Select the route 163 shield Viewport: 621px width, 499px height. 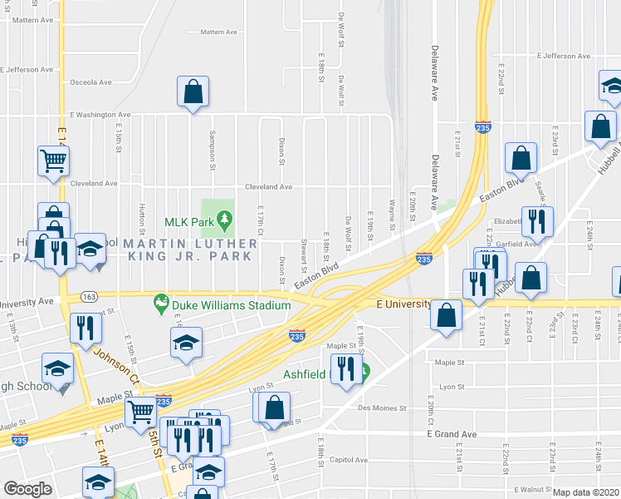[x=89, y=296]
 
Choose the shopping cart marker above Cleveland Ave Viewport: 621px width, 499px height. [x=53, y=160]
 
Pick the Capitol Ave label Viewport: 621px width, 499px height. [x=349, y=459]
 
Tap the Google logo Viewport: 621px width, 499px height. [x=27, y=489]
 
